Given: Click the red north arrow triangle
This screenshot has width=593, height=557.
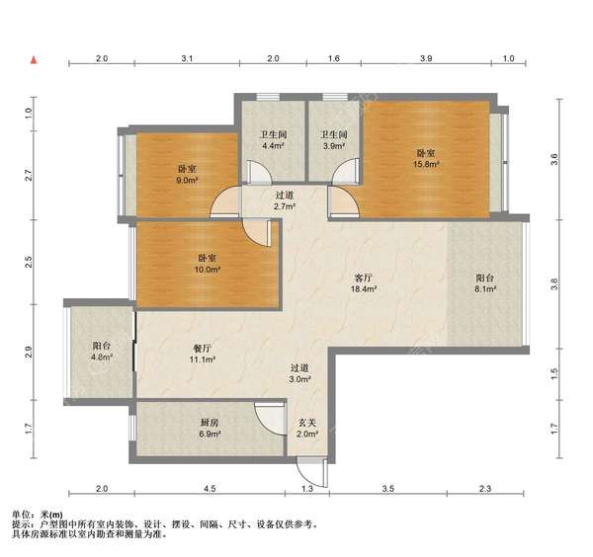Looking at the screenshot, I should [x=35, y=61].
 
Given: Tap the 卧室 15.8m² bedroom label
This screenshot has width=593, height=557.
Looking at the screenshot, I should [x=426, y=159].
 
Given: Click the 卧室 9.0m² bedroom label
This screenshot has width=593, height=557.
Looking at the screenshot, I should [x=188, y=174].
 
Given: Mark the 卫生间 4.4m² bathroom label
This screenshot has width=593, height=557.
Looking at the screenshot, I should [x=273, y=139].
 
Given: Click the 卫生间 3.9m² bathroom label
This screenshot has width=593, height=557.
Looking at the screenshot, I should [x=332, y=139].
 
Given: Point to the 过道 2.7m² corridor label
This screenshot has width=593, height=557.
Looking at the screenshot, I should [x=285, y=202].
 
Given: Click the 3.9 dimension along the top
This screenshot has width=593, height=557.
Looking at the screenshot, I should [x=427, y=60].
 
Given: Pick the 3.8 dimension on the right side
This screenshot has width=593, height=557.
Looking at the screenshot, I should [x=555, y=285].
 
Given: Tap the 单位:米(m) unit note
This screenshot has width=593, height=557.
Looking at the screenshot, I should [x=37, y=515].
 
